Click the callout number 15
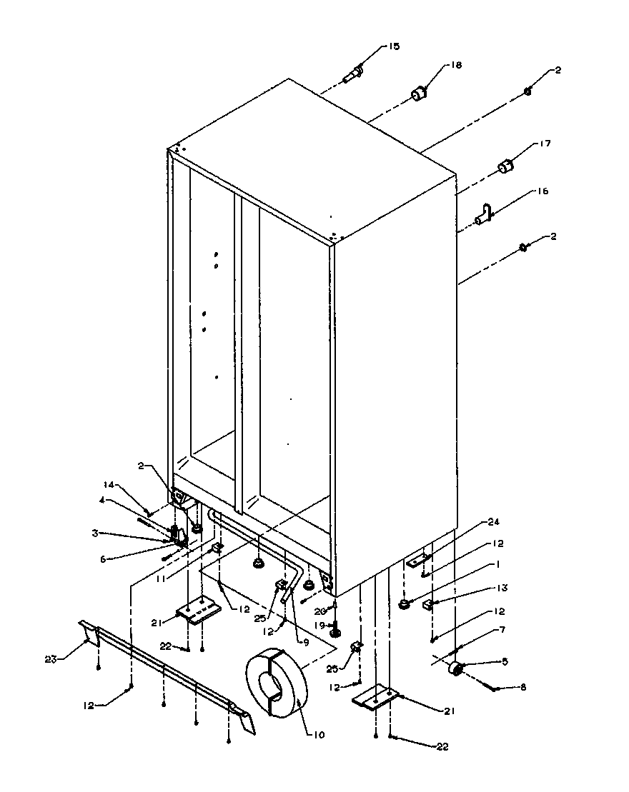click(x=394, y=46)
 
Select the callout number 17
click(x=545, y=144)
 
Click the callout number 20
click(x=320, y=611)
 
